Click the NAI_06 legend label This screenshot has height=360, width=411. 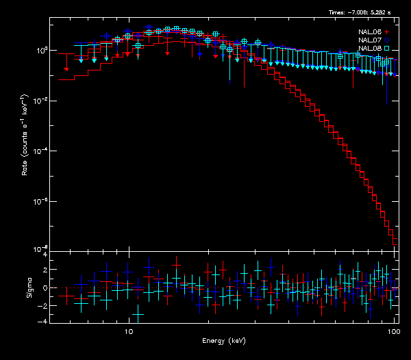point(369,32)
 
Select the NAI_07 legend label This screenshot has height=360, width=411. point(369,40)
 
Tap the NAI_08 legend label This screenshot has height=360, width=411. point(369,49)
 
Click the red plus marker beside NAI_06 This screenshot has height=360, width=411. point(387,32)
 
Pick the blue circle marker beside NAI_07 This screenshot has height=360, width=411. point(387,40)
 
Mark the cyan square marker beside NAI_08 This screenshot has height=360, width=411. point(387,49)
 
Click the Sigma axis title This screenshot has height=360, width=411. point(29,287)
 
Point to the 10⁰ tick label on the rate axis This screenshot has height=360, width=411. point(40,51)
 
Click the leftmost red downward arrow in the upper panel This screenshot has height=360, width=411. point(66,68)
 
